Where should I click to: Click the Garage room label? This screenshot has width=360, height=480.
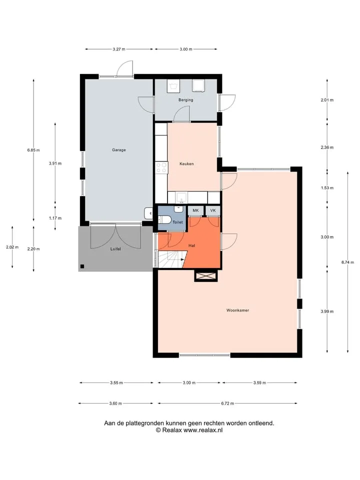pos(119,150)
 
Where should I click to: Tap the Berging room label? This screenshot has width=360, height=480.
pos(186,100)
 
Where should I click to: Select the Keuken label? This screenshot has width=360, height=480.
pos(186,164)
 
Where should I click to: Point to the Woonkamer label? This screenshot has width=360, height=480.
pos(237,310)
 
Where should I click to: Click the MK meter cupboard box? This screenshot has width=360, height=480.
pos(195,210)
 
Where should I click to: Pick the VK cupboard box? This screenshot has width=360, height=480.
pos(213,210)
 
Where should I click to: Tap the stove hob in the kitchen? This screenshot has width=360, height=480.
pos(161,168)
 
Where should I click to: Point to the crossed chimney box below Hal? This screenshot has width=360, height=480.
pos(206,276)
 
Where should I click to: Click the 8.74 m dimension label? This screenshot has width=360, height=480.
pos(348,262)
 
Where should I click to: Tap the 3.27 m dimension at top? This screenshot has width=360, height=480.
pos(119,49)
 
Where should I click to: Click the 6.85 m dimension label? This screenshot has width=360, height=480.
pos(33,150)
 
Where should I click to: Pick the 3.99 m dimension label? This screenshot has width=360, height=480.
pos(327,311)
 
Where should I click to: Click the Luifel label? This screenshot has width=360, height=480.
pos(115,249)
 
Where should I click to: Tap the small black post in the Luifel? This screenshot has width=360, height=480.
pos(82,266)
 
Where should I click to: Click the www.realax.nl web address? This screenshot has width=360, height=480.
pos(203,430)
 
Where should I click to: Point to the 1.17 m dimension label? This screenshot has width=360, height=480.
pos(55,218)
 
